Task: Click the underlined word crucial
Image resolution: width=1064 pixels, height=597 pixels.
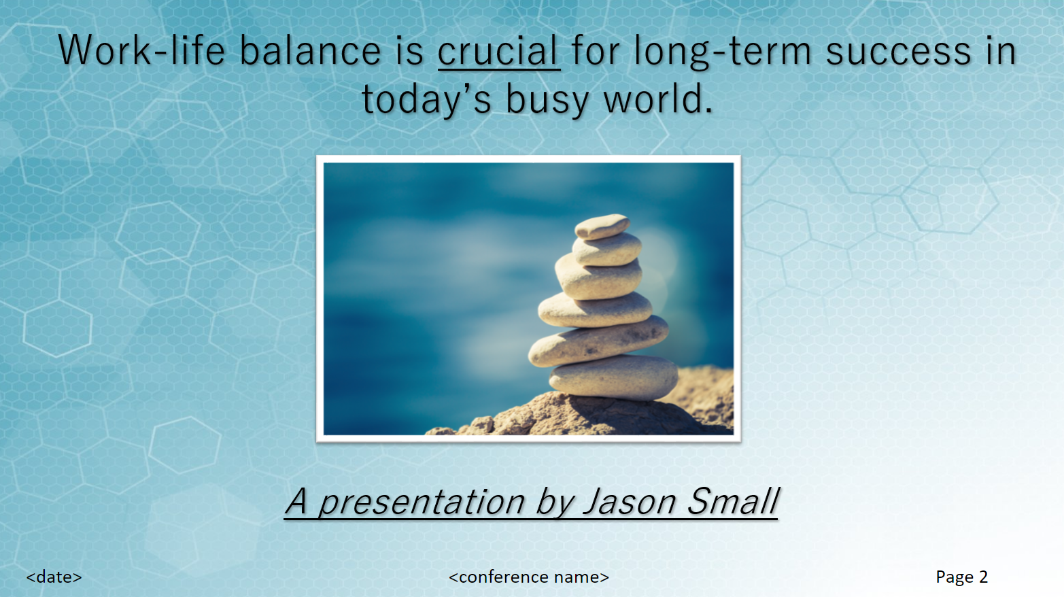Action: click(498, 52)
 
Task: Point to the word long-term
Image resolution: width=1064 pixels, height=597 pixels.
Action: click(723, 52)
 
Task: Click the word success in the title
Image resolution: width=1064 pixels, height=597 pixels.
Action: click(898, 52)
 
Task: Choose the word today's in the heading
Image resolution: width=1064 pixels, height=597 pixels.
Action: click(426, 100)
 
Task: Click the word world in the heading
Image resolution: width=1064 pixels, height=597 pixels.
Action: click(657, 100)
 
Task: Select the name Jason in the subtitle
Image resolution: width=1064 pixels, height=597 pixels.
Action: click(630, 502)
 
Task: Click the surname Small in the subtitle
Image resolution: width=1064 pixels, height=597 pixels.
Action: click(733, 502)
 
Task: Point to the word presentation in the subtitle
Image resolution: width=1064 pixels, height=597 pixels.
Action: click(422, 502)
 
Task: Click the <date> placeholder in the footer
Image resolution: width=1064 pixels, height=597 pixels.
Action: click(54, 577)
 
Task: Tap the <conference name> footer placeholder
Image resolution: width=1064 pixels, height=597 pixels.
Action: click(529, 577)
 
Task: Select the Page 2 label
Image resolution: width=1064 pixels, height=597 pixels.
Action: click(961, 577)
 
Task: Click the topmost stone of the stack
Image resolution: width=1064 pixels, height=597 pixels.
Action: click(602, 226)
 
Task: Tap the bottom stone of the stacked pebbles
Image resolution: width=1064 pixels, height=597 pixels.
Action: click(613, 377)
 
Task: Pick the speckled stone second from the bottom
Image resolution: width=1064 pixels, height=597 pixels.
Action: click(598, 341)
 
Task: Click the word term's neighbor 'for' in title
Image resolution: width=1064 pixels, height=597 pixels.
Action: click(596, 52)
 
